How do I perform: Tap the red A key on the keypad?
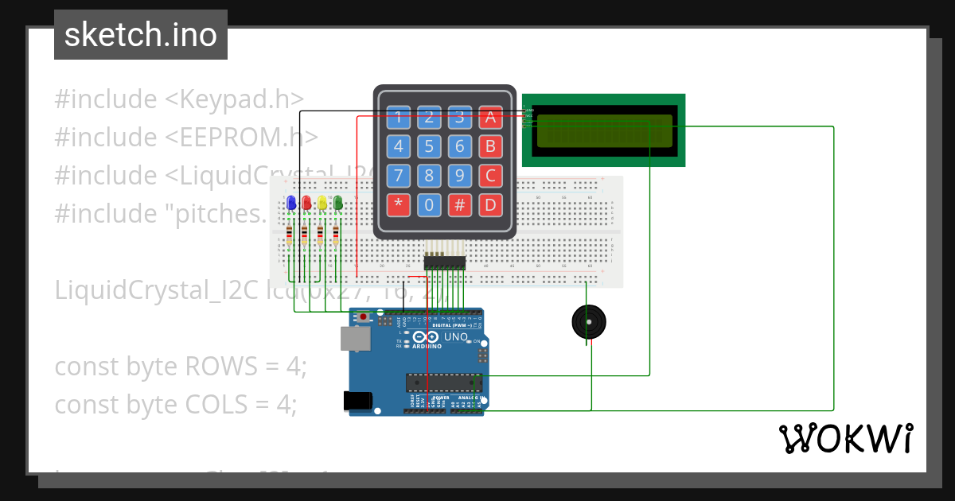pyautogui.click(x=491, y=118)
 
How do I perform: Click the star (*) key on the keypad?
pyautogui.click(x=399, y=205)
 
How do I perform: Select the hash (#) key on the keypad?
pyautogui.click(x=460, y=205)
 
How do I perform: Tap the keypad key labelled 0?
pyautogui.click(x=429, y=205)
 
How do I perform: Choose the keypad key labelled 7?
pyautogui.click(x=399, y=176)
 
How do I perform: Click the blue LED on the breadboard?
pyautogui.click(x=291, y=203)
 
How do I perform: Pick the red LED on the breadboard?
pyautogui.click(x=306, y=203)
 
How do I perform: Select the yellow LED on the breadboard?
pyautogui.click(x=322, y=203)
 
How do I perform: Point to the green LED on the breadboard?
pyautogui.click(x=337, y=203)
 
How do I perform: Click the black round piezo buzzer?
pyautogui.click(x=589, y=322)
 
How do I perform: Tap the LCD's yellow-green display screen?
pyautogui.click(x=604, y=131)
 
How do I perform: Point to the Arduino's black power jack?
pyautogui.click(x=357, y=401)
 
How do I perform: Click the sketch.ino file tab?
pyautogui.click(x=141, y=35)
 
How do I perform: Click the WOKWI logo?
pyautogui.click(x=846, y=438)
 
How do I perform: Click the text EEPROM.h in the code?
pyautogui.click(x=250, y=137)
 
